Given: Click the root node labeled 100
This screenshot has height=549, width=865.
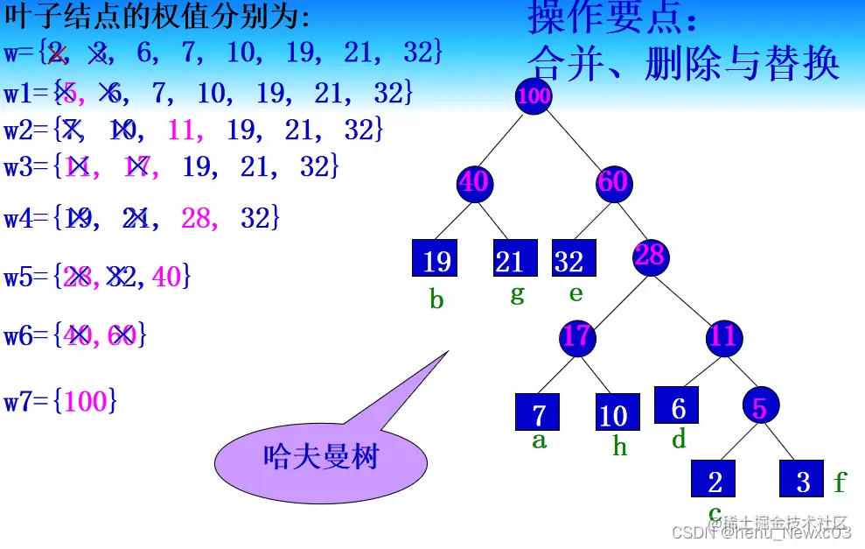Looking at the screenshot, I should pos(534,96).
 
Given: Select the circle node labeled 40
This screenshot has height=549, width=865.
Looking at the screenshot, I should pos(474,182).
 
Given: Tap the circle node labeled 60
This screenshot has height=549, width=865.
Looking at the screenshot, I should pos(613,182).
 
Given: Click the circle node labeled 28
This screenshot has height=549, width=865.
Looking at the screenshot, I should pos(651,256).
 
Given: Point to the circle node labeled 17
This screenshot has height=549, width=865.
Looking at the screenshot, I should pos(576,335).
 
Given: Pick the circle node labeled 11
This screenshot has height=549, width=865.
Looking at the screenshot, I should pos(723,335).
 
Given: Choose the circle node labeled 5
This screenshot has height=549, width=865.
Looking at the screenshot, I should pos(760,405).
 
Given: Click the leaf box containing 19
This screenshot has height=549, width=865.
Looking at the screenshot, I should pos(436,259).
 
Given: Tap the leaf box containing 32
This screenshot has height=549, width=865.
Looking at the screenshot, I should pos(573,259).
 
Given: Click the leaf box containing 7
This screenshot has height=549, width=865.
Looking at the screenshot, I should pos(537,412).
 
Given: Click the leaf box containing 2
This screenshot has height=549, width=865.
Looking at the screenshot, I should pos(714,479).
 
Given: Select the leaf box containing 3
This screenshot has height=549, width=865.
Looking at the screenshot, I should pos(802,479).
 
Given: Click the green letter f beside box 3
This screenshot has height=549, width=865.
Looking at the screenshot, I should pos(840,482).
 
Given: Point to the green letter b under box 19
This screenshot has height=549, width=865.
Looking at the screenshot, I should pos(436,300).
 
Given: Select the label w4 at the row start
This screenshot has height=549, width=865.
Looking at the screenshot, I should pos(19,218).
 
